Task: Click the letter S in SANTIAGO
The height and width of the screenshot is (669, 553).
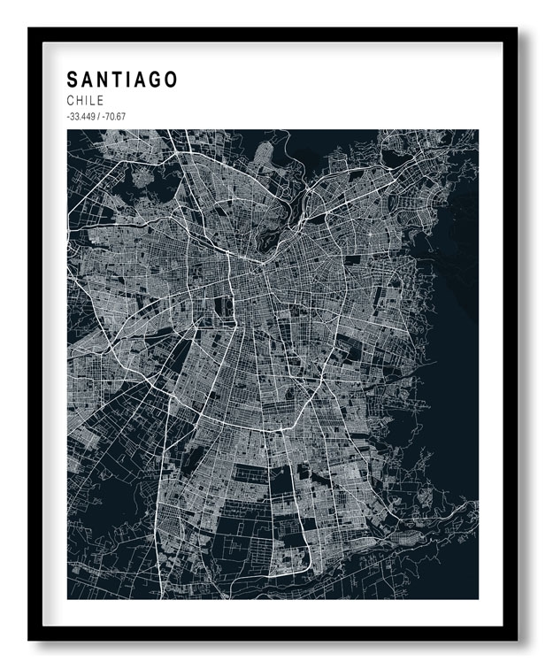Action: pos(73,80)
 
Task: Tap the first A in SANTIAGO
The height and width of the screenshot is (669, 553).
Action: pos(88,80)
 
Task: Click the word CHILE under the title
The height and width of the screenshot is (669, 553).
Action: pos(85,101)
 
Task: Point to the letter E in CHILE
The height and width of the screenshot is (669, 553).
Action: pos(100,101)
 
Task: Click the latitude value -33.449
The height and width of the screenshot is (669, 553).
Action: pos(80,117)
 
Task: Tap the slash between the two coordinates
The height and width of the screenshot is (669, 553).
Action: pos(96,117)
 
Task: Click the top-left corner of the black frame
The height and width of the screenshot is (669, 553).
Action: pos(29,29)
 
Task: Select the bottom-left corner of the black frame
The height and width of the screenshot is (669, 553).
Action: pos(29,639)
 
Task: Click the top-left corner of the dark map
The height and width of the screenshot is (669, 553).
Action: pos(68,131)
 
